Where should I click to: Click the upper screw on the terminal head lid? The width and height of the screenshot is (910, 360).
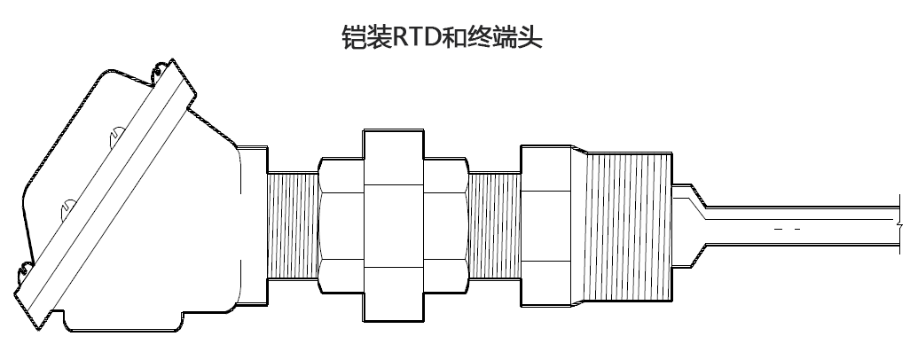116,137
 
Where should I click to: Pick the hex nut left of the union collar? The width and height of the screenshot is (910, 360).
341,226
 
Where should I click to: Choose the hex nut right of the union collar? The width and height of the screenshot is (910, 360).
445,226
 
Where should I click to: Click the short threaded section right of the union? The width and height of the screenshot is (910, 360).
495,226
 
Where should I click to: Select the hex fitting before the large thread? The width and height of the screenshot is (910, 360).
550,226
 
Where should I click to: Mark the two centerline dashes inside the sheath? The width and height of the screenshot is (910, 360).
788,230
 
